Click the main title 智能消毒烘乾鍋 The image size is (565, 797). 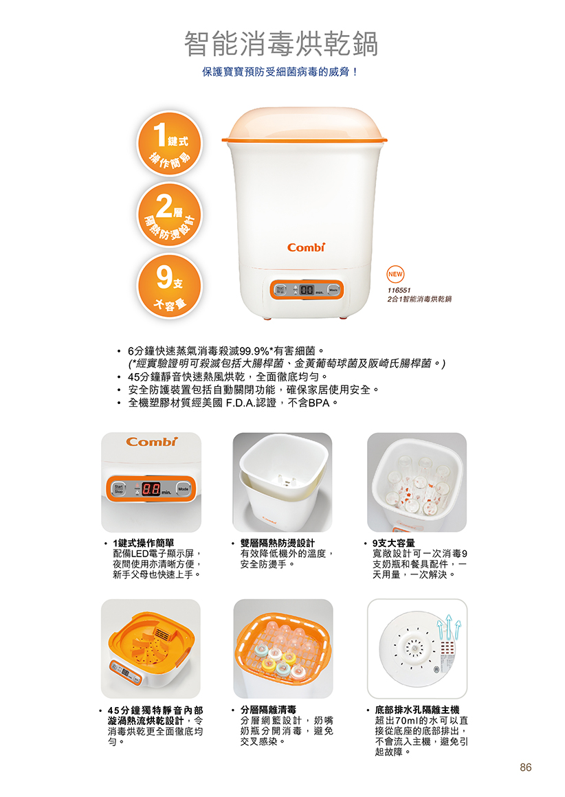tap(280, 44)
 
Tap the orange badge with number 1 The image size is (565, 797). tap(169, 144)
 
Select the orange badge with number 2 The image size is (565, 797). tap(169, 215)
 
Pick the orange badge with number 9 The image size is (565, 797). tap(169, 287)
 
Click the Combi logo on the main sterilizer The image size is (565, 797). tap(306, 247)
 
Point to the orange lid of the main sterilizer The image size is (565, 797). tap(304, 125)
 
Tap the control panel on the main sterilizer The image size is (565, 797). tap(307, 290)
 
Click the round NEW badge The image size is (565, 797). tap(395, 274)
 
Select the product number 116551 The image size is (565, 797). tap(399, 290)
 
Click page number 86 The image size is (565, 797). tap(525, 767)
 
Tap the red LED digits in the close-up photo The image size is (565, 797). tap(151, 489)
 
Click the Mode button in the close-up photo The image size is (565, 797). tap(184, 489)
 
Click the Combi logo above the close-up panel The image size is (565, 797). tap(151, 442)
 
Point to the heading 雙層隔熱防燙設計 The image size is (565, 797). tap(277, 543)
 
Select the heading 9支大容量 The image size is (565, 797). tap(393, 543)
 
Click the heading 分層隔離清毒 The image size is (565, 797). tap(268, 710)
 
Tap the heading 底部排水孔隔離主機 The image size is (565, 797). tap(417, 710)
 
